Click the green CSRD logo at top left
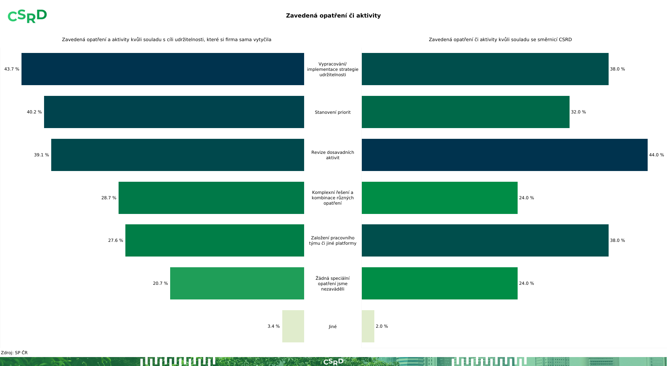[x=27, y=16]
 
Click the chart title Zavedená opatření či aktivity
[x=333, y=15]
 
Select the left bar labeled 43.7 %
[x=163, y=69]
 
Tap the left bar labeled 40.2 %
[x=174, y=112]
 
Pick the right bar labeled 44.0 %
[x=504, y=155]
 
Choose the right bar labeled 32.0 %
[x=465, y=112]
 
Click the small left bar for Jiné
[x=293, y=326]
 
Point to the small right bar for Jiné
[x=368, y=326]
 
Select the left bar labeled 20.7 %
[x=237, y=283]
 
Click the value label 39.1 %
[x=42, y=155]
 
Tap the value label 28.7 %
[x=109, y=198]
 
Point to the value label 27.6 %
[x=116, y=240]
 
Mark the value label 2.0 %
[x=382, y=326]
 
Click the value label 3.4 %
[x=274, y=326]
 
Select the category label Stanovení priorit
[x=333, y=112]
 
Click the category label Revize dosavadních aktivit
[x=333, y=155]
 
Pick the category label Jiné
[x=333, y=327]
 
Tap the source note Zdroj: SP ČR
[x=14, y=353]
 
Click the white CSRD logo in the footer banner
[x=333, y=362]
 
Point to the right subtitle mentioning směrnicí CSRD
[x=500, y=40]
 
